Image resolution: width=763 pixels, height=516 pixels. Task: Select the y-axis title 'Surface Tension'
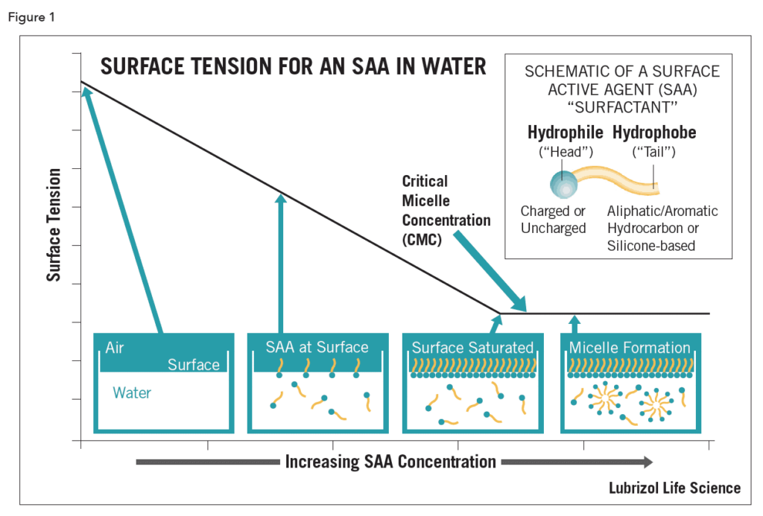(x=54, y=225)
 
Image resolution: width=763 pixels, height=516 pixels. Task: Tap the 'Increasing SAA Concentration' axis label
(x=390, y=462)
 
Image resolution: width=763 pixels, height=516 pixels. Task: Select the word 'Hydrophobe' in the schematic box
(x=654, y=133)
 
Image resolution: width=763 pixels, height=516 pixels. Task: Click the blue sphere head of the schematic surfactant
(x=561, y=182)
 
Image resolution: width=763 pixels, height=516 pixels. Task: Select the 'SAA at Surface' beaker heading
(x=317, y=348)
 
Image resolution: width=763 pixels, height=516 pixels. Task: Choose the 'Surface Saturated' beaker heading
(x=472, y=348)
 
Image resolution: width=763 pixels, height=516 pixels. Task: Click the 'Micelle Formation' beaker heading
(x=630, y=348)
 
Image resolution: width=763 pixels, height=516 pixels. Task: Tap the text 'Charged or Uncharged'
(x=554, y=220)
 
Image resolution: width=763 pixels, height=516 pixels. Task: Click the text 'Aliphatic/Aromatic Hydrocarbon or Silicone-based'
(x=662, y=229)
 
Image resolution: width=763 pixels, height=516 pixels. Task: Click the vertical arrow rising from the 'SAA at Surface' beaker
(x=281, y=261)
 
